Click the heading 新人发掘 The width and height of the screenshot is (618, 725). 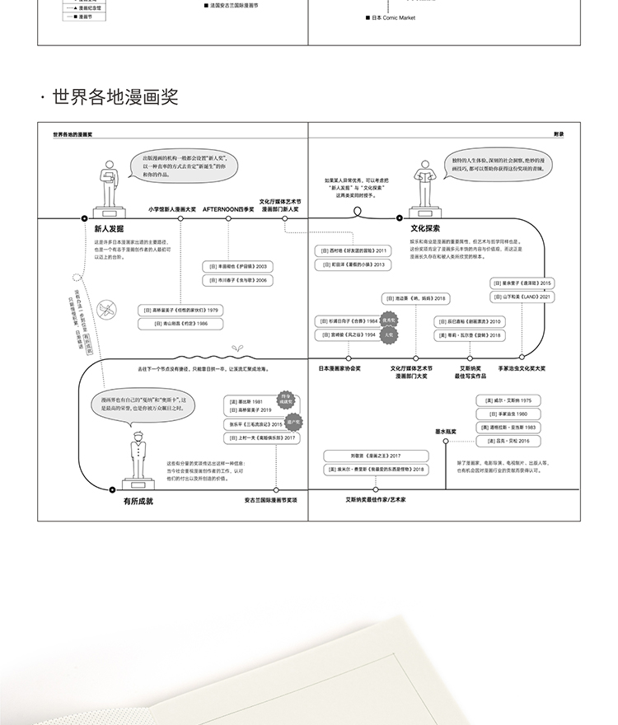click(109, 228)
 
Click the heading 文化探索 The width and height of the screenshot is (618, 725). click(425, 228)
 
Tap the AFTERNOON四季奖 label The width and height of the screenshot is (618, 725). click(228, 209)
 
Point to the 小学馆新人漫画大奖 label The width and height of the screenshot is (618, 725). click(172, 209)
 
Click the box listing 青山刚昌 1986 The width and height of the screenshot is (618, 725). click(180, 324)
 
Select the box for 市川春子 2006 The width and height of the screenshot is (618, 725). click(238, 280)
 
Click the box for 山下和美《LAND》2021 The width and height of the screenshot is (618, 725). click(522, 297)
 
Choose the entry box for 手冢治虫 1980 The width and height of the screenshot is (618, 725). click(508, 414)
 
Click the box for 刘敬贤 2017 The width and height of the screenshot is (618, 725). click(376, 456)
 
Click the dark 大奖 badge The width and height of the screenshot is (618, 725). click(389, 335)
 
